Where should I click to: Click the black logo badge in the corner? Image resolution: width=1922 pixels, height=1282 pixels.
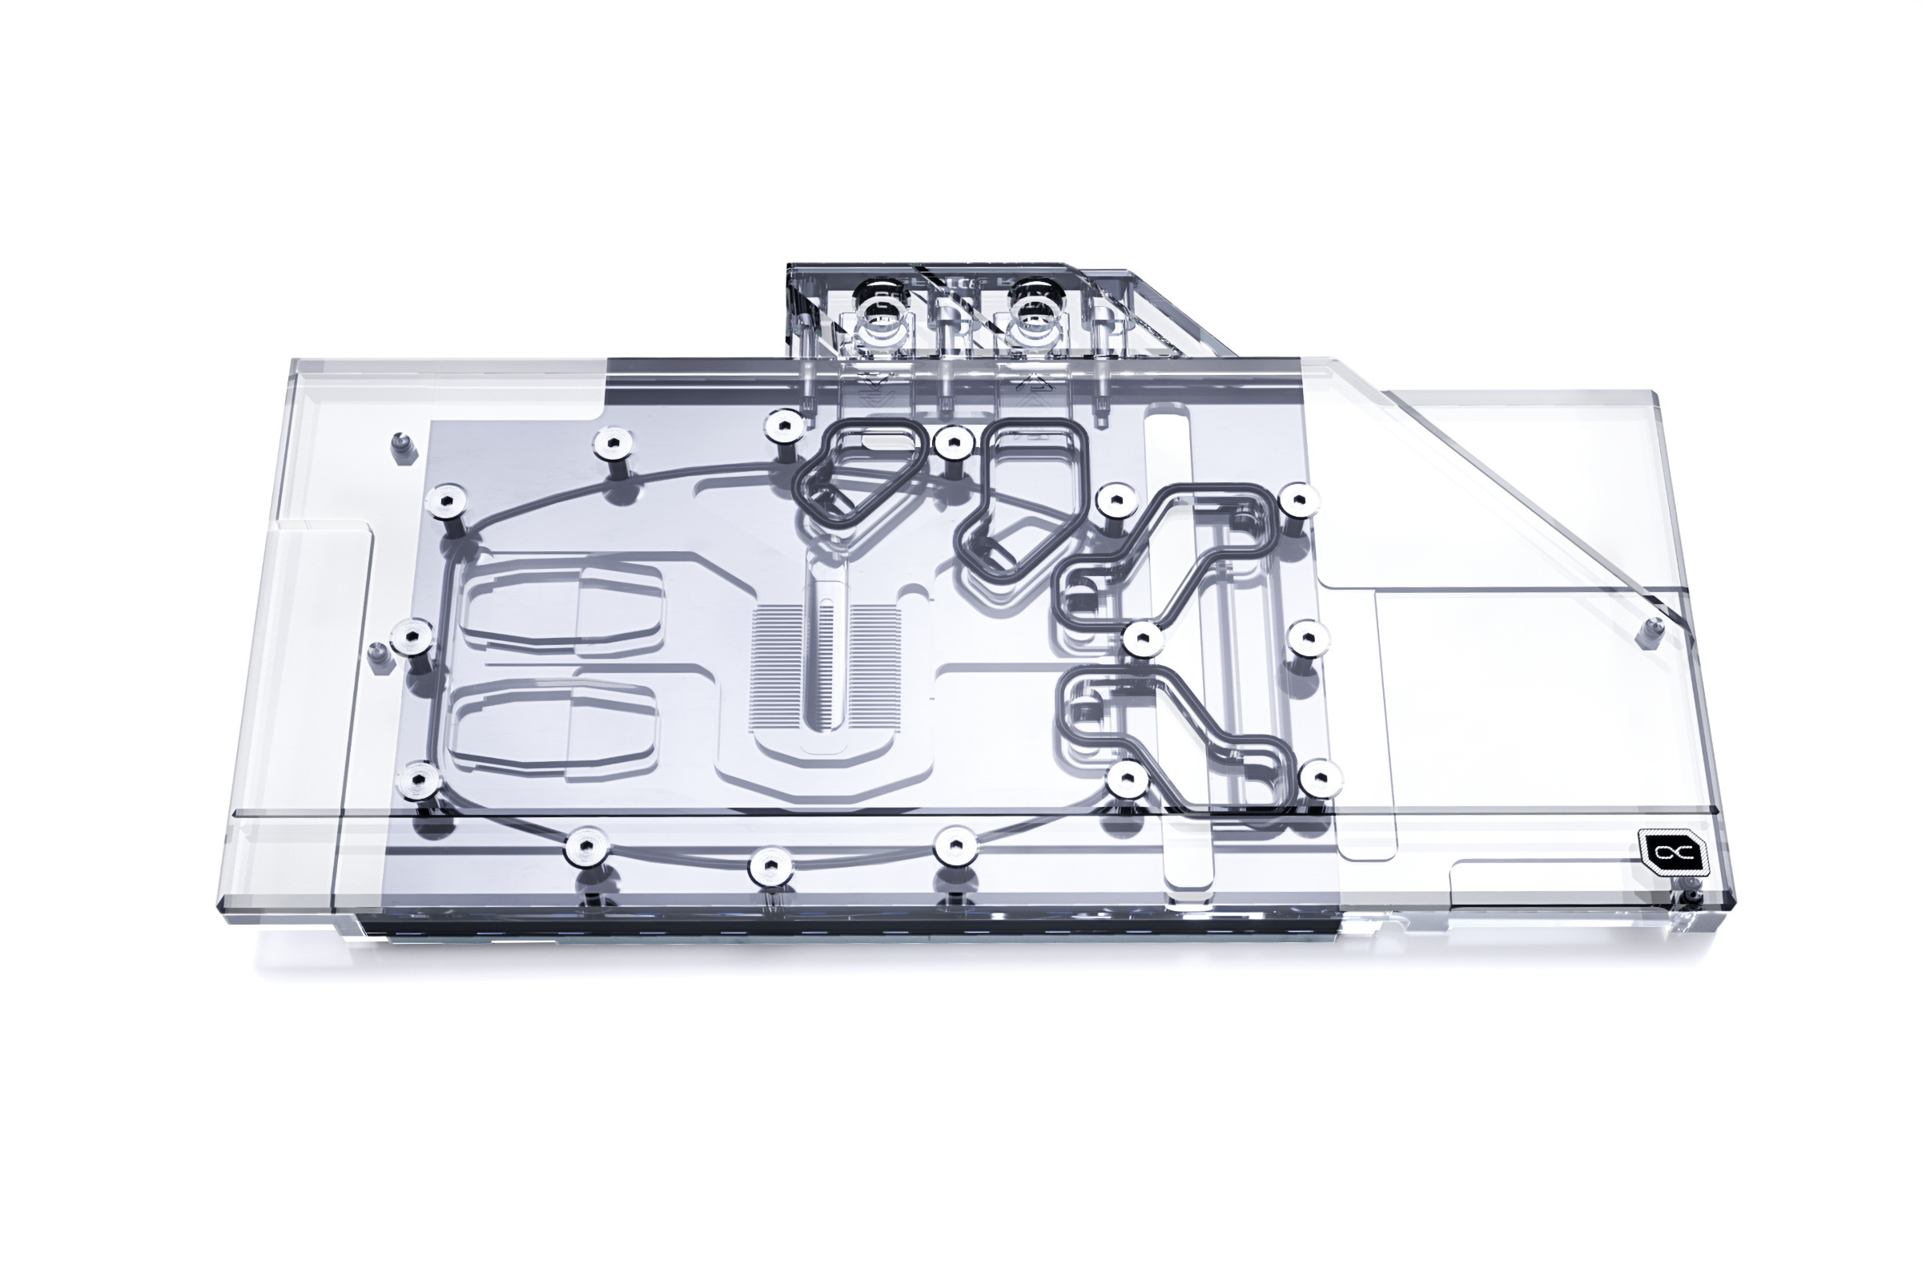(1673, 853)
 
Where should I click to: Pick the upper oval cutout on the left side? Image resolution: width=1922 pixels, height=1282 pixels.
(561, 603)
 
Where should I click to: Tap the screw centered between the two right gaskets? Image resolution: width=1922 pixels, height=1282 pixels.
(1142, 639)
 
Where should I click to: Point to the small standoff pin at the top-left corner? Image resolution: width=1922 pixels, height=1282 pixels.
(400, 446)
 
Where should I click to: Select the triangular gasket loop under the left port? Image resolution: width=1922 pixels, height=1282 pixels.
(862, 474)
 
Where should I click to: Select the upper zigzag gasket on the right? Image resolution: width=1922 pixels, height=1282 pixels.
(1168, 555)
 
